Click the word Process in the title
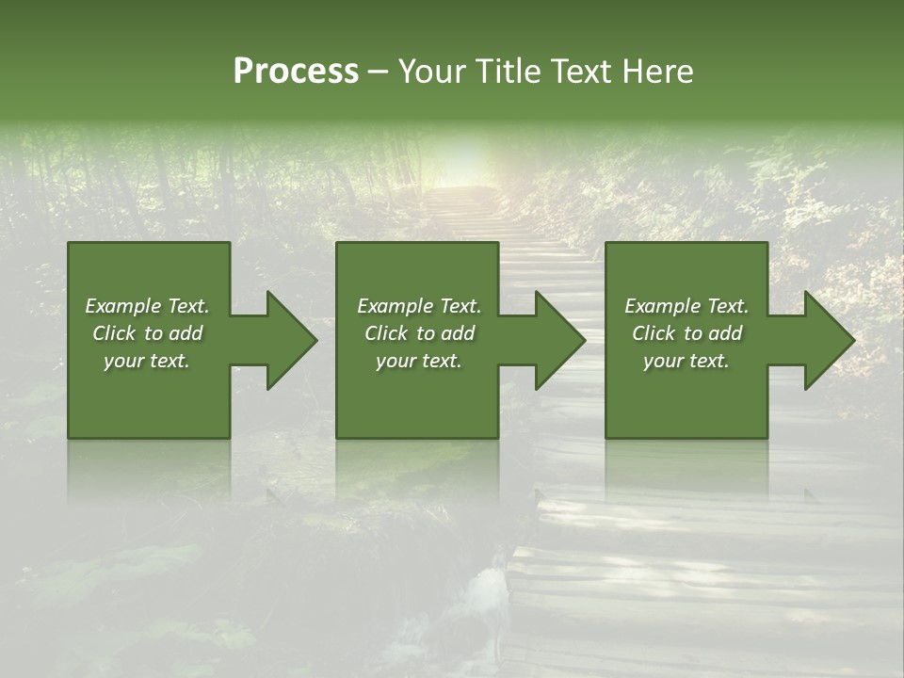296,72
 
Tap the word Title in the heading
508,72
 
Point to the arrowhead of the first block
291,341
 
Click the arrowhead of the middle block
559,341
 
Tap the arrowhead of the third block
829,341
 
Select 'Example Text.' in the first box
147,306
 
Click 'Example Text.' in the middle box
419,306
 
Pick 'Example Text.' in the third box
686,306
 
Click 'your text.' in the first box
147,361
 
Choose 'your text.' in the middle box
419,361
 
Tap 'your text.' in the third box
686,361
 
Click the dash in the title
379,72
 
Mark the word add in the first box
186,333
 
